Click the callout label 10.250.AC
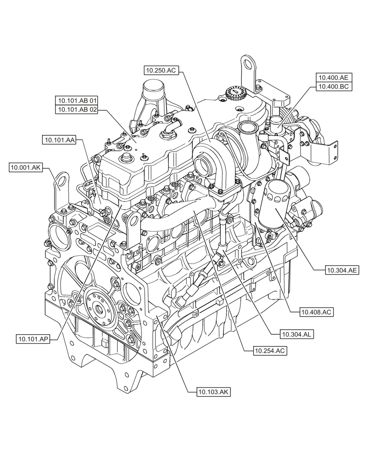pos(161,70)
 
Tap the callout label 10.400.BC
pos(334,86)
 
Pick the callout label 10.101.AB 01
pos(77,100)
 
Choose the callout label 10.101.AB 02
pos(77,110)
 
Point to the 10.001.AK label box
pos(26,168)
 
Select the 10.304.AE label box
pos(342,269)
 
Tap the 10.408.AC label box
pos(317,312)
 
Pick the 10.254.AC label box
pos(270,351)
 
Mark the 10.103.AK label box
pos(214,392)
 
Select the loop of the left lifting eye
pos(61,179)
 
